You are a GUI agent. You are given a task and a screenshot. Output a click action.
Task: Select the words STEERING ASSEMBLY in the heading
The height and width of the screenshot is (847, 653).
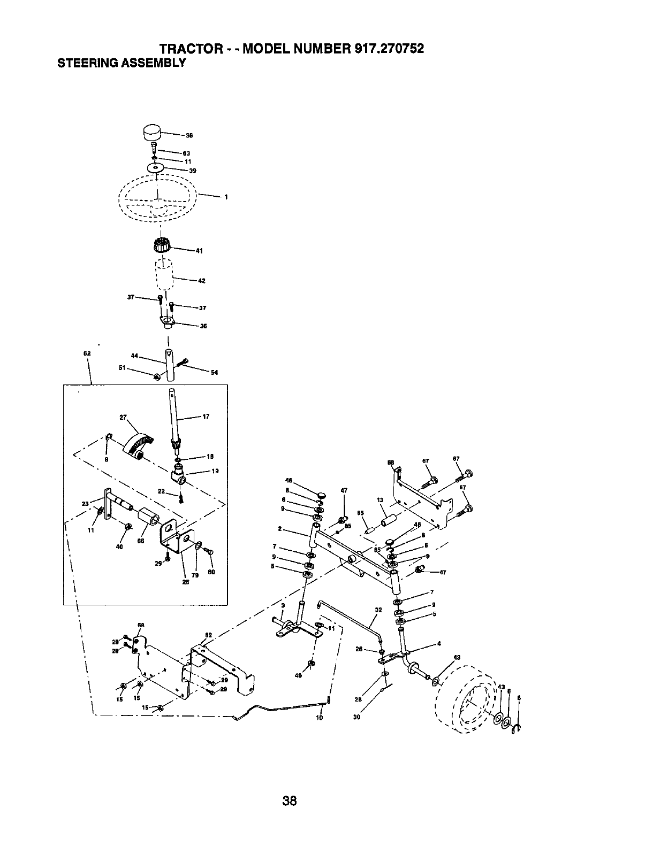121,63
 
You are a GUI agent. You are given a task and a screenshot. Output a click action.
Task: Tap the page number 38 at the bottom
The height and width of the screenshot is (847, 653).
290,786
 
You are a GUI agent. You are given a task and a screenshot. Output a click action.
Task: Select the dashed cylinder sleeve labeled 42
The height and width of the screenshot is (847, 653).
164,274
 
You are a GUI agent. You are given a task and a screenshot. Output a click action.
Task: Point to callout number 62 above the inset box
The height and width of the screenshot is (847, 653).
87,353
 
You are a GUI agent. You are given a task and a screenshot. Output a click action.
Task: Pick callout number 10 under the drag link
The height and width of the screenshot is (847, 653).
319,718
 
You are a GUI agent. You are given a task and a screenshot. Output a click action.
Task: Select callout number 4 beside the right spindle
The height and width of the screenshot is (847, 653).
438,643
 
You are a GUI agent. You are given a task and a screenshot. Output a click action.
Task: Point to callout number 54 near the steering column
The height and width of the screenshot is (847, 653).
214,373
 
